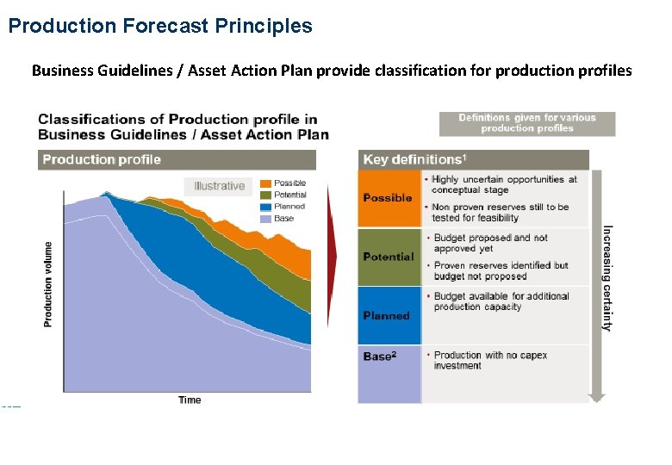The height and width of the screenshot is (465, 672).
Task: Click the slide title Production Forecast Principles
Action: click(160, 26)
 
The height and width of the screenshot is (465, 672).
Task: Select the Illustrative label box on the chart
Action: click(219, 186)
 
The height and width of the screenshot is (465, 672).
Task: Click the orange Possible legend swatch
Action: click(265, 183)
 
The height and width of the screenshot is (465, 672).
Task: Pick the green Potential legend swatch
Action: click(265, 195)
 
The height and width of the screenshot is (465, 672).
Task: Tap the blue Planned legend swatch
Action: click(265, 207)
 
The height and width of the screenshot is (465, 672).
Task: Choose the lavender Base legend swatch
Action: click(265, 219)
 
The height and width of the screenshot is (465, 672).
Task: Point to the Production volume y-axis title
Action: click(48, 283)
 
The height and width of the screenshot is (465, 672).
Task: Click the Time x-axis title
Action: click(190, 400)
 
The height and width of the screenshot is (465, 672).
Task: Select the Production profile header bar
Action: click(177, 159)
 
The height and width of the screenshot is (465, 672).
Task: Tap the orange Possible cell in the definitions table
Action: click(389, 198)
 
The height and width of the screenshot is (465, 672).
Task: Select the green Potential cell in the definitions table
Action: click(389, 257)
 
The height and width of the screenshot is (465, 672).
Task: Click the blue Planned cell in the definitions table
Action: click(389, 315)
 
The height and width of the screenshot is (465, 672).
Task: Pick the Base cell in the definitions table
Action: click(389, 374)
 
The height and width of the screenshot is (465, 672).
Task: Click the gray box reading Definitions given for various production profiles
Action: click(527, 123)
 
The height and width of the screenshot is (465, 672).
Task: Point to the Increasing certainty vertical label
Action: click(607, 278)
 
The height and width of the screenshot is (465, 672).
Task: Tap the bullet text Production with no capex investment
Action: click(490, 360)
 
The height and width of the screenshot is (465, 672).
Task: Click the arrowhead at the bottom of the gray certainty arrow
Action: click(597, 398)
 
